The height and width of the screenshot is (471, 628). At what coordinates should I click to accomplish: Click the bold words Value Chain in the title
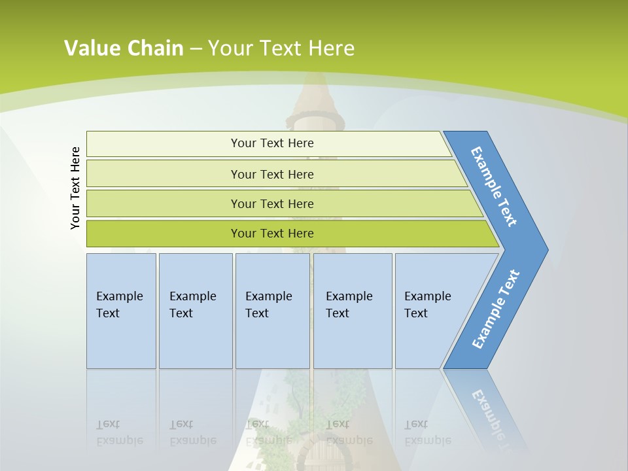pyautogui.click(x=124, y=48)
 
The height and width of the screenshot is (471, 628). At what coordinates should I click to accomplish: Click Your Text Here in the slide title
pyautogui.click(x=281, y=48)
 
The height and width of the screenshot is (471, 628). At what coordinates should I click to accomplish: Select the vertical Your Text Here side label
pyautogui.click(x=76, y=188)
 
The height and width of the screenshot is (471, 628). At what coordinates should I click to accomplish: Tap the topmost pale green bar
pyautogui.click(x=271, y=143)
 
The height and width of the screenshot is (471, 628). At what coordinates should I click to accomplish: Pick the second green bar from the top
pyautogui.click(x=271, y=174)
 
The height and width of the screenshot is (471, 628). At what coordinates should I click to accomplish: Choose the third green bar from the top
pyautogui.click(x=271, y=203)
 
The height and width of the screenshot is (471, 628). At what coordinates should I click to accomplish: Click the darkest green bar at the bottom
pyautogui.click(x=271, y=234)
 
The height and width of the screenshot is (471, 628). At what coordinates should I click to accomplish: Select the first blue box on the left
pyautogui.click(x=121, y=311)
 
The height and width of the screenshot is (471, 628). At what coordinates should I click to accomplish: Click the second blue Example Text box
pyautogui.click(x=195, y=311)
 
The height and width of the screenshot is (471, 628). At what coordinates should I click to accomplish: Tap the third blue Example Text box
pyautogui.click(x=271, y=311)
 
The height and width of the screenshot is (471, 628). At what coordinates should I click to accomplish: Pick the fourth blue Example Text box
pyautogui.click(x=352, y=311)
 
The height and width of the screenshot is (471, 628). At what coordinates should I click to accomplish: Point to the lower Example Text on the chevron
pyautogui.click(x=496, y=309)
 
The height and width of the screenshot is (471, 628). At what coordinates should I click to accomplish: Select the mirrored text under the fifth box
pyautogui.click(x=427, y=432)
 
